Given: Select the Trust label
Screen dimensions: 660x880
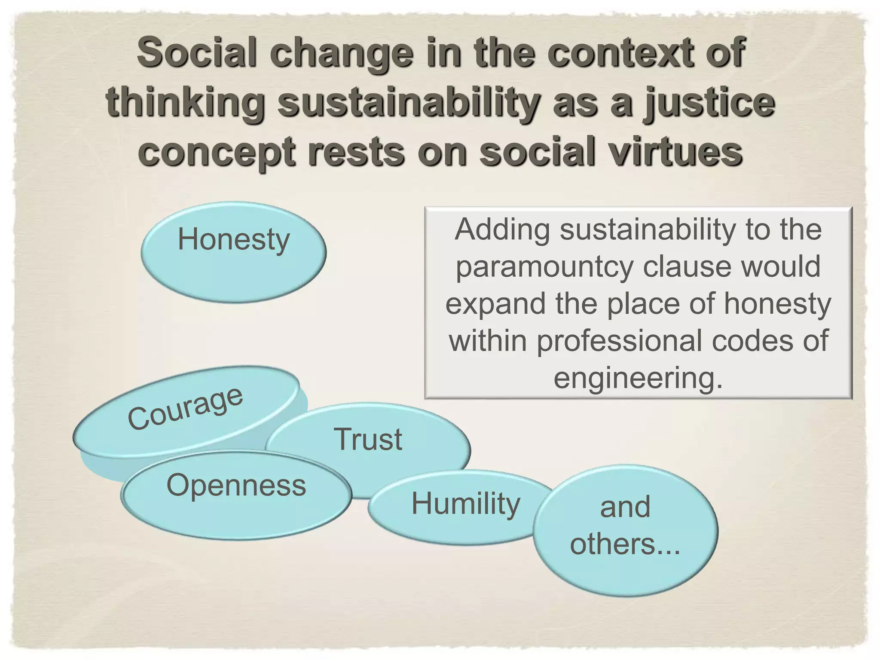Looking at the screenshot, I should click(368, 439).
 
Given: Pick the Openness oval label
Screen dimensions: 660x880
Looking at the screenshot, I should click(236, 485).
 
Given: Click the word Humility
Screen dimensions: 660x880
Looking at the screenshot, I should click(465, 504).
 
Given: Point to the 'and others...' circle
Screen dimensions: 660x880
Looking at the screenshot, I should click(625, 531).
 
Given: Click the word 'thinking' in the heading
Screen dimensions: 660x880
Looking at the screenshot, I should click(185, 103).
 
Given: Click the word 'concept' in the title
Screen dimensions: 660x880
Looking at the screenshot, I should click(217, 152).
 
